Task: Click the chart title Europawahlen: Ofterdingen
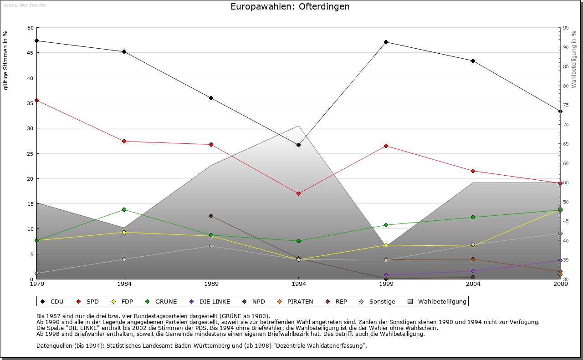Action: pyautogui.click(x=290, y=7)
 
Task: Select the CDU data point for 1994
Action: pyautogui.click(x=299, y=145)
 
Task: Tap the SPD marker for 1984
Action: pyautogui.click(x=124, y=141)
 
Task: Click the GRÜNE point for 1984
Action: pyautogui.click(x=124, y=209)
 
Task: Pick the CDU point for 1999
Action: pyautogui.click(x=386, y=42)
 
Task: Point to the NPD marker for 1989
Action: pyautogui.click(x=211, y=216)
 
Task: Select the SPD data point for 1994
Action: pyautogui.click(x=299, y=193)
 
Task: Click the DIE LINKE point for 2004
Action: pyautogui.click(x=473, y=271)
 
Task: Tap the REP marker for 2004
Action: pyautogui.click(x=473, y=259)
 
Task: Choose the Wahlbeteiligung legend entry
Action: pyautogui.click(x=437, y=301)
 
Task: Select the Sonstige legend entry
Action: pyautogui.click(x=378, y=301)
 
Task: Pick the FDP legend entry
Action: pyautogui.click(x=123, y=301)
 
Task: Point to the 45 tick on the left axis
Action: pyautogui.click(x=31, y=53)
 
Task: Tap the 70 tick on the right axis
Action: pyautogui.click(x=565, y=125)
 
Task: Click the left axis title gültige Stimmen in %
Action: pyautogui.click(x=5, y=61)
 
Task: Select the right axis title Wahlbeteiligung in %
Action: pyautogui.click(x=574, y=59)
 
